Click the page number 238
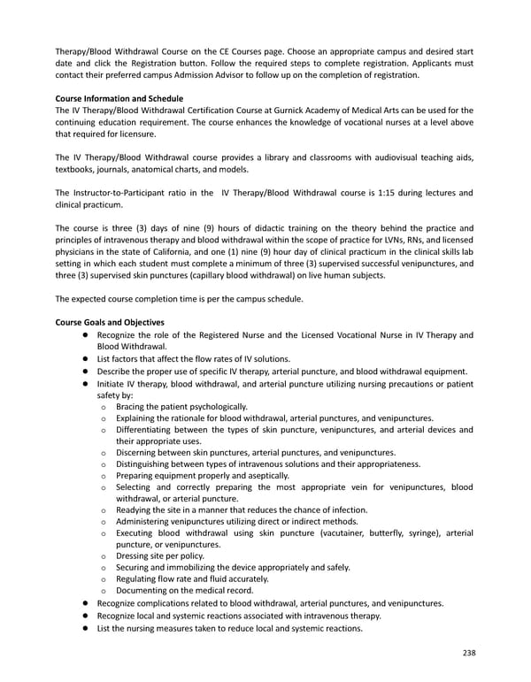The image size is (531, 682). pos(466,653)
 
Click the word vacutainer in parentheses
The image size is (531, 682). pos(337,533)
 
